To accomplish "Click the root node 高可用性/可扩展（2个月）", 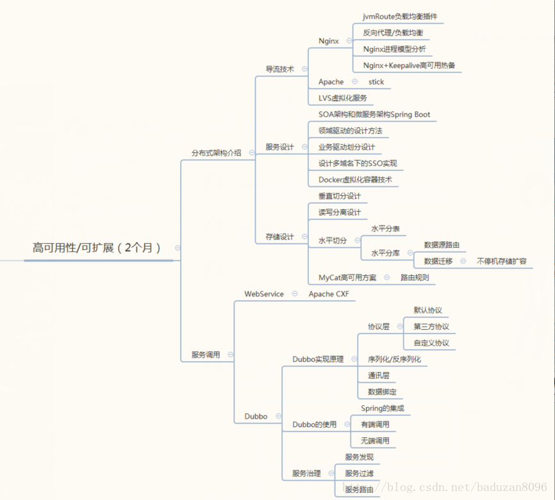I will click(x=97, y=248).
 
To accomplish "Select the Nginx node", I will click(x=329, y=41).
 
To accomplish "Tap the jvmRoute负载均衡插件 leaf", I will click(x=400, y=16).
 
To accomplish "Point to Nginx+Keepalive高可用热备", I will click(x=409, y=65).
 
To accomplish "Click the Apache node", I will click(x=331, y=82).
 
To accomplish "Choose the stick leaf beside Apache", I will click(x=376, y=82).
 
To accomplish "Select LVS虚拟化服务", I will click(x=342, y=98).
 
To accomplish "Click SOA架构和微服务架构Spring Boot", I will click(x=374, y=115).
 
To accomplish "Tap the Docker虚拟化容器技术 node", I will click(x=355, y=180).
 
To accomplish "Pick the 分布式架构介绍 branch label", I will click(x=217, y=153).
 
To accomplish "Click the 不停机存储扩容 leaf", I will click(x=502, y=261).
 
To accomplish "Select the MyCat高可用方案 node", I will click(x=347, y=278).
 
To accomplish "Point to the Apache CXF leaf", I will click(x=329, y=294).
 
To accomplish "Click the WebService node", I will click(x=264, y=294).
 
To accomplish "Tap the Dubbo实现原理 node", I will click(x=318, y=359).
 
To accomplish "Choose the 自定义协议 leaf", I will click(x=431, y=343).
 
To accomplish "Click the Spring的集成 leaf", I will click(x=383, y=408).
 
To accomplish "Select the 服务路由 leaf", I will click(x=359, y=490).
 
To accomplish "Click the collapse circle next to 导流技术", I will click(x=304, y=69).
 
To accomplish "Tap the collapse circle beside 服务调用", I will click(x=230, y=355).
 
